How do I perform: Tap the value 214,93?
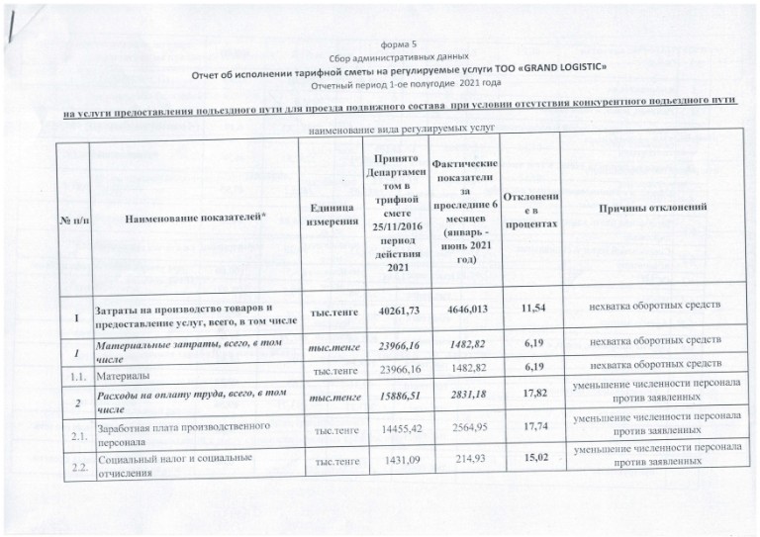click(x=462, y=461)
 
